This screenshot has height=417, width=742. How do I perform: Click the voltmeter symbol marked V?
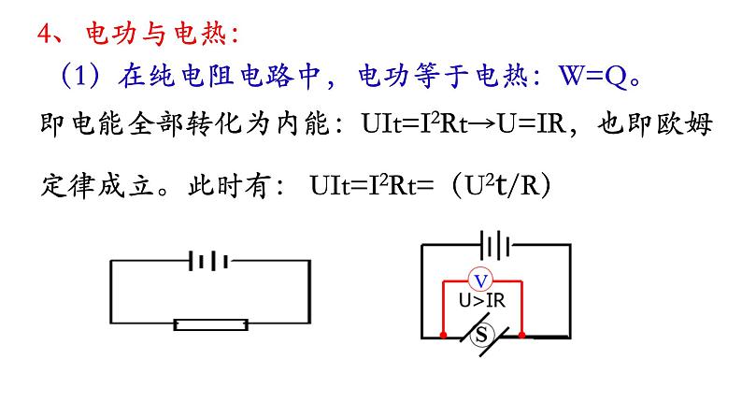(481, 280)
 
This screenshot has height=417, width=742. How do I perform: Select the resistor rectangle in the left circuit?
(211, 324)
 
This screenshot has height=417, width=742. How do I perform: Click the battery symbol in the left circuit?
(209, 260)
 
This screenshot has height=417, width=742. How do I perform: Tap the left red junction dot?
(441, 333)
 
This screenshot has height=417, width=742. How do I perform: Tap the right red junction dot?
(522, 333)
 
